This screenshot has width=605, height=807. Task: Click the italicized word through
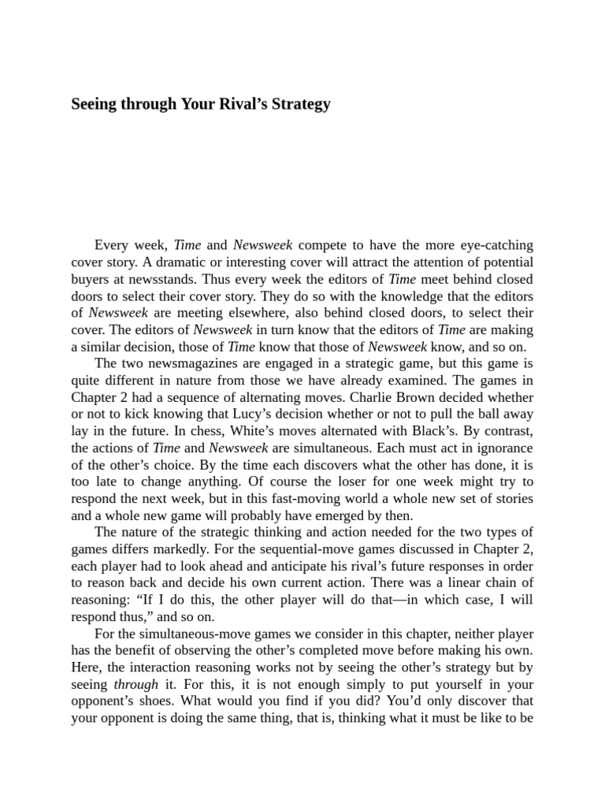coord(136,685)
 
